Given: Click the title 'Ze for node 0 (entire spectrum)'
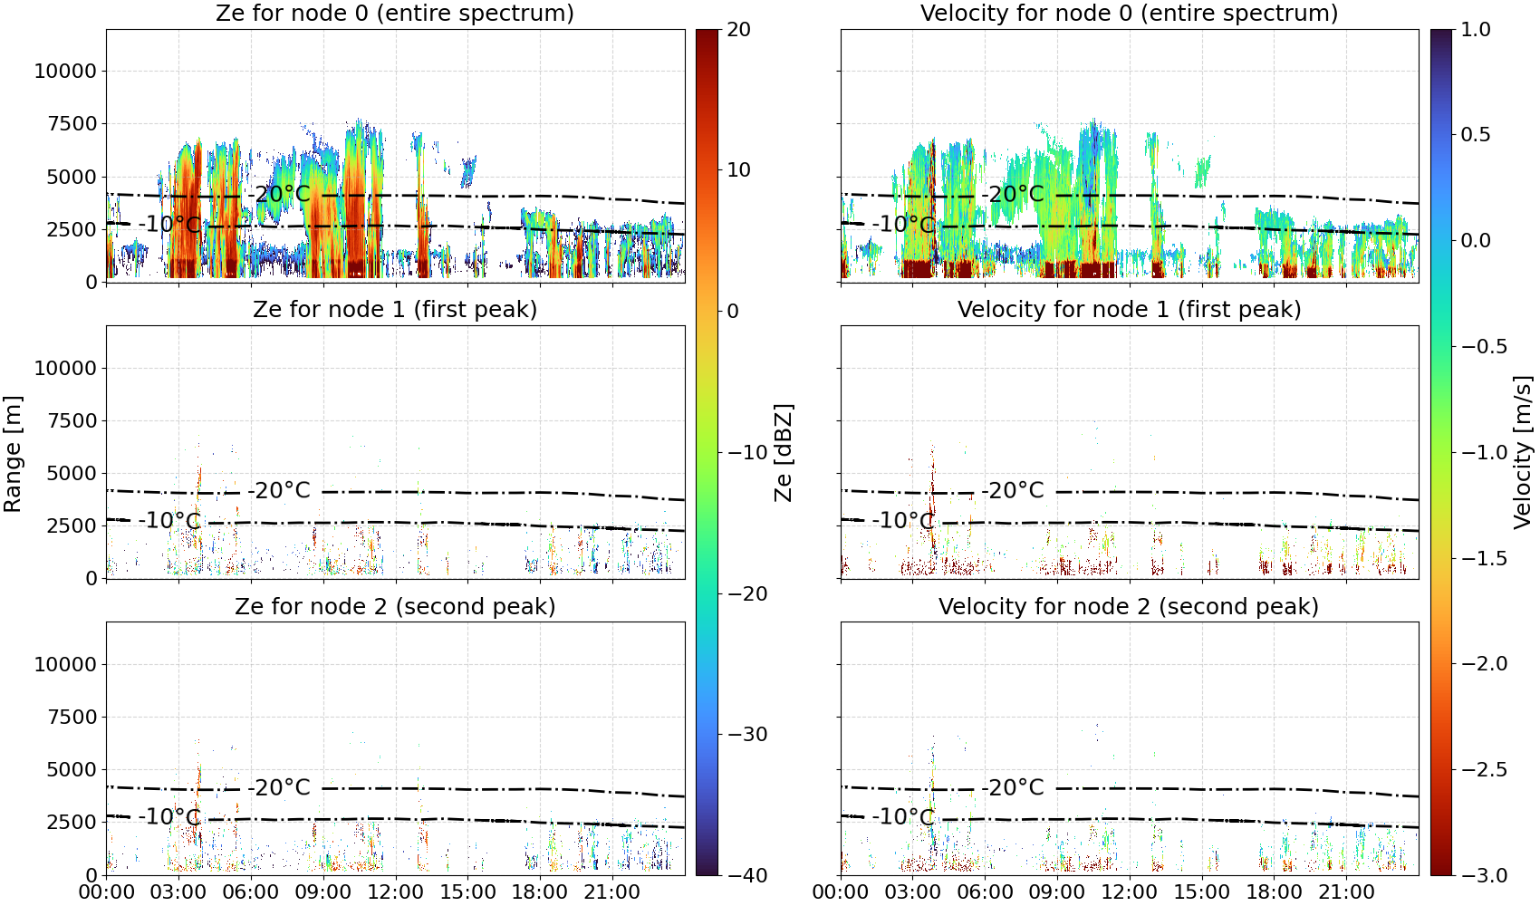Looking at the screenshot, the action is click(x=395, y=13).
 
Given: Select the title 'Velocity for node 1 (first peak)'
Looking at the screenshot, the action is click(x=1129, y=309).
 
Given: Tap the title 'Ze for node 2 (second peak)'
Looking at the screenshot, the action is click(x=395, y=606).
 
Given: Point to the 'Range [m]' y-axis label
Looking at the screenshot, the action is click(x=13, y=454).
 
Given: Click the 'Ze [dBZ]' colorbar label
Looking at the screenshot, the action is click(x=783, y=452).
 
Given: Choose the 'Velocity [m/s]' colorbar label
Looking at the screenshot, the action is click(x=1523, y=452).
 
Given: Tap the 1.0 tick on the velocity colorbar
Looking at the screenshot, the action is click(x=1476, y=30).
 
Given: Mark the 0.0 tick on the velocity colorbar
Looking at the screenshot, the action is click(x=1476, y=241).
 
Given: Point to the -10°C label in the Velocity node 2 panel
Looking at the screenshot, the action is click(x=903, y=816).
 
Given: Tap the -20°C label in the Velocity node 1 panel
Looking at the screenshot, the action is click(x=1013, y=490).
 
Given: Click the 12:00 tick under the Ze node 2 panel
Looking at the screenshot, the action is click(x=395, y=892).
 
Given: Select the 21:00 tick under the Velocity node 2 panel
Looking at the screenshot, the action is click(x=1346, y=892).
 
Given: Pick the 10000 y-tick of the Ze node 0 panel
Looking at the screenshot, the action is click(x=65, y=71).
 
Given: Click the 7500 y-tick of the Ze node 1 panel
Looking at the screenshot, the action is click(x=72, y=420).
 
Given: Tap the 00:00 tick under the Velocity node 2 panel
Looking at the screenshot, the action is click(x=840, y=892).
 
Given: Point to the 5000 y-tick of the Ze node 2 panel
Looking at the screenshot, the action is click(x=72, y=770).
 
